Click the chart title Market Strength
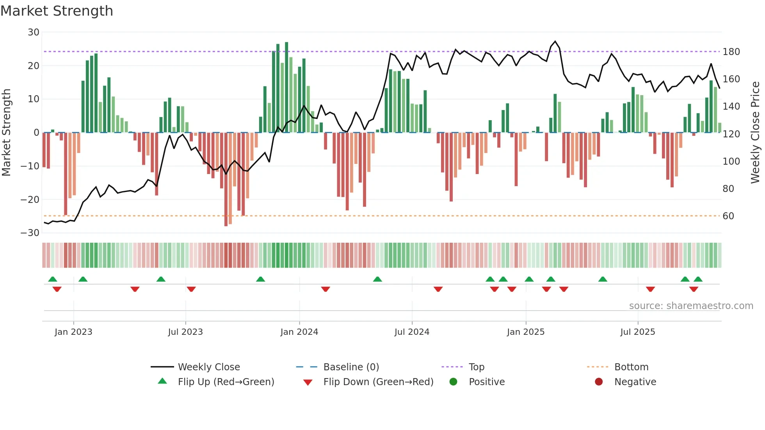(x=57, y=11)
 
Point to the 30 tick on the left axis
(x=34, y=32)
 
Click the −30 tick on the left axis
(x=30, y=233)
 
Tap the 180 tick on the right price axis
(x=731, y=52)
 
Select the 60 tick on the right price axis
(x=728, y=216)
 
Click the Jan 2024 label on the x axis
(x=299, y=332)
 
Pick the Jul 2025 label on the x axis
(x=637, y=332)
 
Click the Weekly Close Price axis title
(x=755, y=133)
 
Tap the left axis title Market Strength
(x=6, y=133)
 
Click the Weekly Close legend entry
(x=208, y=367)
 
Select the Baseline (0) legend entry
(x=351, y=367)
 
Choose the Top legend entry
(x=476, y=367)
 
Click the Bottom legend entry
(x=631, y=367)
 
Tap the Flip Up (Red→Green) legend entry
(x=226, y=382)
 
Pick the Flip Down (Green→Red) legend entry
(x=378, y=382)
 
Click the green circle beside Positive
(x=453, y=382)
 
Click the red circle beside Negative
(x=599, y=382)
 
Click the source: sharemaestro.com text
(x=691, y=306)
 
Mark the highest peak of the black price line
(x=555, y=41)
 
